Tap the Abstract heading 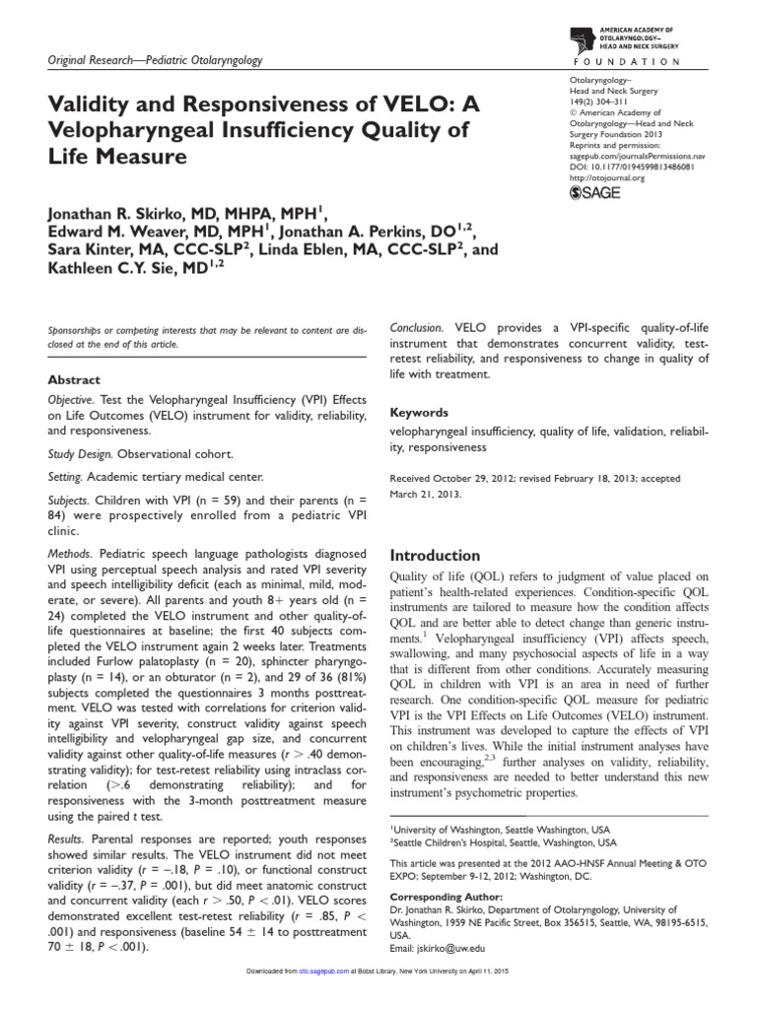click(x=74, y=378)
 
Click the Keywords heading click(x=420, y=413)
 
